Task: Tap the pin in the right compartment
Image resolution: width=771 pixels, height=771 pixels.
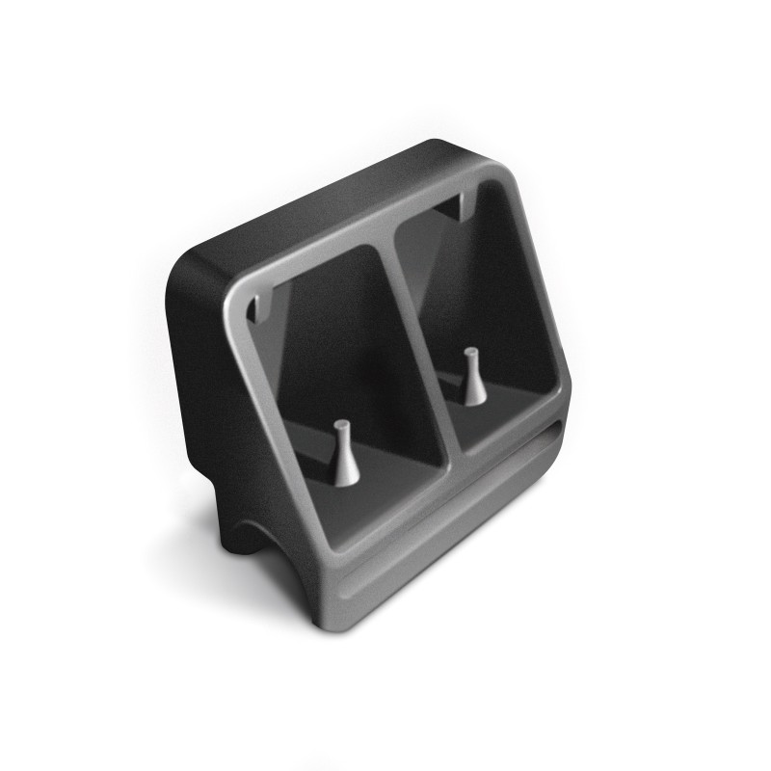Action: pos(471,378)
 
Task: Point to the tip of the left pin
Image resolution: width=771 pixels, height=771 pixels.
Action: pos(340,424)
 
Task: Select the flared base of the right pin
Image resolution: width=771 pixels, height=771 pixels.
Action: pos(472,396)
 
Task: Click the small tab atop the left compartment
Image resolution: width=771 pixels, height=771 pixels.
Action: pos(259,308)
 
